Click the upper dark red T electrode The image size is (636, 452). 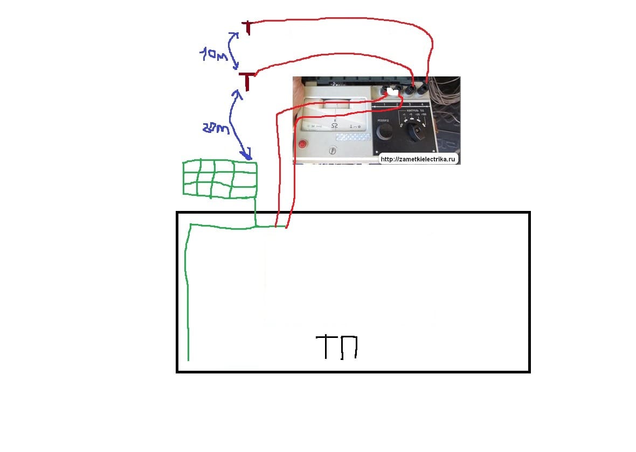[x=247, y=27]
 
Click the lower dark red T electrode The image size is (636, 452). [x=247, y=81]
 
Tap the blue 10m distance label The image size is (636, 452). [x=212, y=54]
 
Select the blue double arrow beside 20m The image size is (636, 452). [x=240, y=124]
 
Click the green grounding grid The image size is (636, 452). [x=219, y=178]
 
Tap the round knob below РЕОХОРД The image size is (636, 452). [x=384, y=132]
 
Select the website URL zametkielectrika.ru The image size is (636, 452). [x=419, y=159]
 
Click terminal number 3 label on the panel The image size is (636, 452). [x=410, y=104]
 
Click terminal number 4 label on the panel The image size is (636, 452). [x=428, y=104]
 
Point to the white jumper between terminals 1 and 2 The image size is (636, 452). [x=392, y=92]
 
